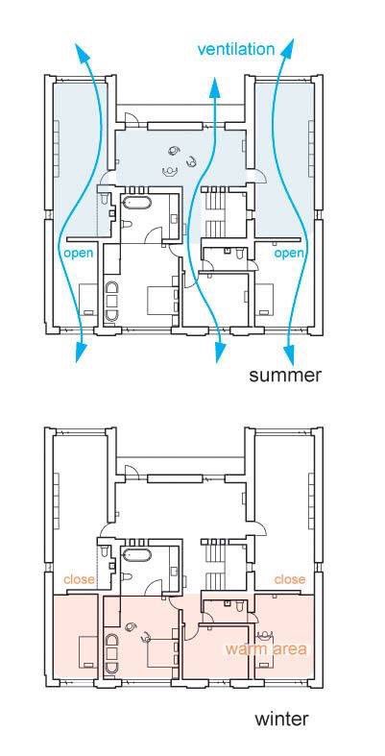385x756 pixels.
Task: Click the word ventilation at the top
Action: tap(235, 49)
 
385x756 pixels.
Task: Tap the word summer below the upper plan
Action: tap(285, 376)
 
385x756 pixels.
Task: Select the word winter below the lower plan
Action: tap(281, 719)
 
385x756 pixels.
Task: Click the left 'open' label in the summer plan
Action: tap(79, 255)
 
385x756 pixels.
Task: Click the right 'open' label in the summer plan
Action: tap(289, 255)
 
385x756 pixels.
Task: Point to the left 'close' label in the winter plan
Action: tap(79, 579)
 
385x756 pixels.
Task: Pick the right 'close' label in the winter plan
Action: tap(290, 579)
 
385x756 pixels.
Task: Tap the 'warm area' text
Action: tap(266, 648)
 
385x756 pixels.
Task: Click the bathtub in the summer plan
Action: tap(137, 202)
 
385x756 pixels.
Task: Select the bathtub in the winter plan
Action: tap(137, 554)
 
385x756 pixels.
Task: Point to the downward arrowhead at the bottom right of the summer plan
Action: tap(289, 354)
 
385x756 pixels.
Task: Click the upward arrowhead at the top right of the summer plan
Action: tap(288, 50)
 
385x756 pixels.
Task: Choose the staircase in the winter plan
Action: tap(215, 564)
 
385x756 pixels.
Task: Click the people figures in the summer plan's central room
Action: tap(180, 160)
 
